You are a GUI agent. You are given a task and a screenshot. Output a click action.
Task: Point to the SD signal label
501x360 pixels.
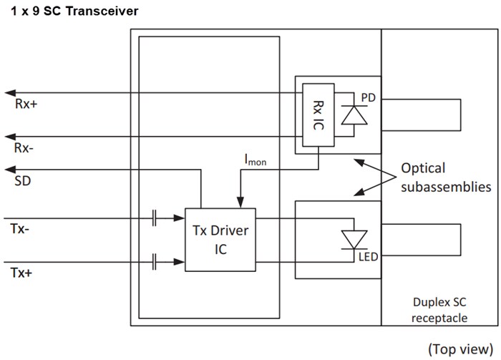tap(22, 183)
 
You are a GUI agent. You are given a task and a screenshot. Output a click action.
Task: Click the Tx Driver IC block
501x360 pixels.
tap(220, 240)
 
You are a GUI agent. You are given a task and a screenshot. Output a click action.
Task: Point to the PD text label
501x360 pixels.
tap(369, 96)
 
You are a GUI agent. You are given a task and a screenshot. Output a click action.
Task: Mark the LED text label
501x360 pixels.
tap(368, 255)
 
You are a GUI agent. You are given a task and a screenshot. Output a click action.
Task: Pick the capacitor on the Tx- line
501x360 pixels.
tap(154, 218)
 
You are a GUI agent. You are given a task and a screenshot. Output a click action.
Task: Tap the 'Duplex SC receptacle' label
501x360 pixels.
tap(440, 310)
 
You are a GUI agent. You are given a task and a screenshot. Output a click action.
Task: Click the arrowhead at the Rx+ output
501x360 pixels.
tap(9, 92)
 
